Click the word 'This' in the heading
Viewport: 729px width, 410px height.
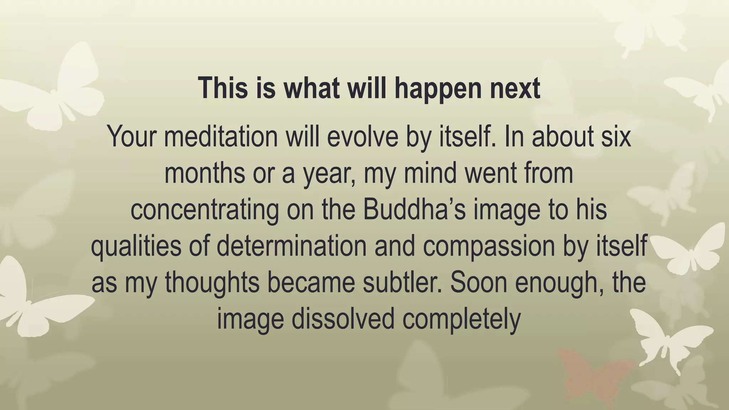(223, 88)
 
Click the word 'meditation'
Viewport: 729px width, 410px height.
(221, 136)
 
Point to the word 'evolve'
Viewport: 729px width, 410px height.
(362, 136)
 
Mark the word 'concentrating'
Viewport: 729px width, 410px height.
(205, 210)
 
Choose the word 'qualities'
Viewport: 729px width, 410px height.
(136, 246)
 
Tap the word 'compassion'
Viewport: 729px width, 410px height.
(489, 246)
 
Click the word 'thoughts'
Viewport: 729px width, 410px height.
(212, 283)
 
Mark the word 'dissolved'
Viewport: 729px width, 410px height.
(343, 319)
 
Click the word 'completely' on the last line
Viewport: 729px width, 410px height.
(461, 320)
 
